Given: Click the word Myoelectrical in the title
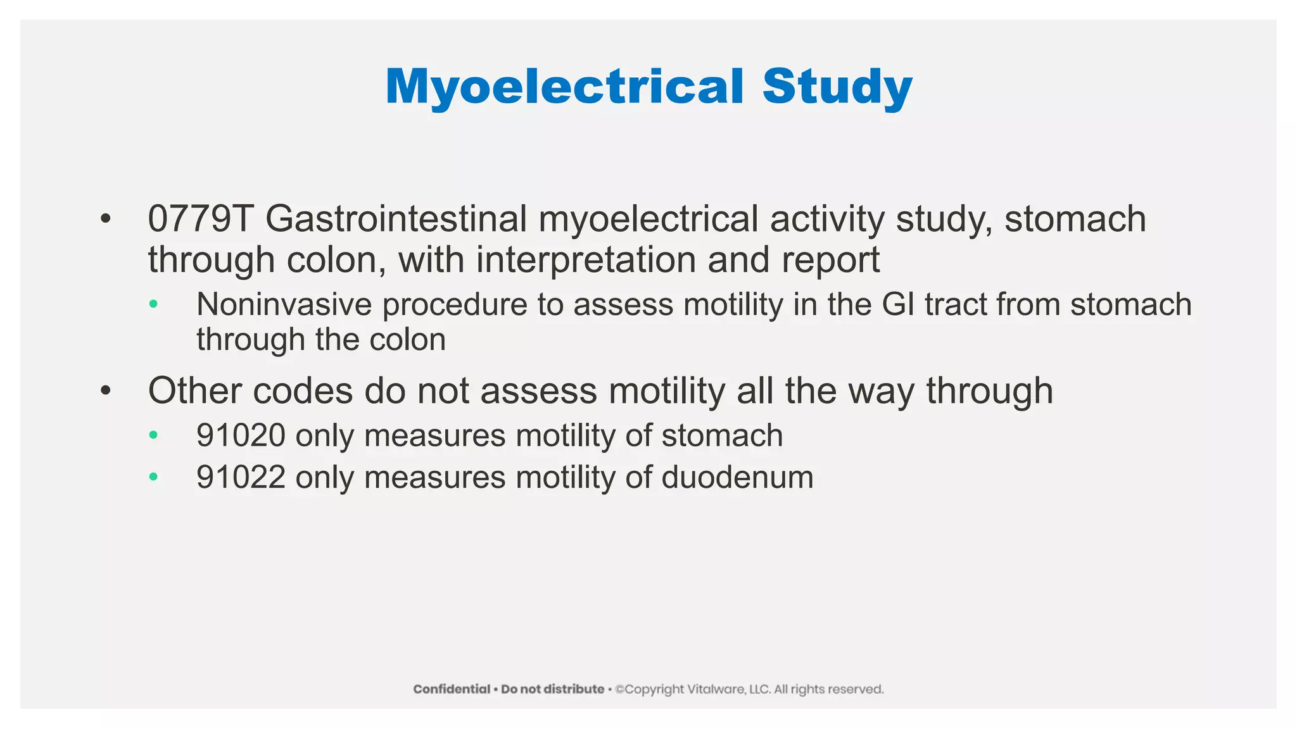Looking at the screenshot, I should pos(564,87).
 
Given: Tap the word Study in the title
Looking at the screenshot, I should pos(837,87).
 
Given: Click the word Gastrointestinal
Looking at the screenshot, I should pos(396,219).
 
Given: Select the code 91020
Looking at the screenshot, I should pos(241,435).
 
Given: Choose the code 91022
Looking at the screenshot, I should pos(241,477).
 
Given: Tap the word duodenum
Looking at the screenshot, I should pos(737,477).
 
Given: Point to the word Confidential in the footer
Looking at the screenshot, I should pos(452,689).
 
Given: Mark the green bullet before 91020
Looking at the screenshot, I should pos(153,435).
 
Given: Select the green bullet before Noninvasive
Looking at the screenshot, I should pos(153,304).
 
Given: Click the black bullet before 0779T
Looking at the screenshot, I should pos(105,219).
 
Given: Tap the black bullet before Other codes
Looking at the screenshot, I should pos(105,390).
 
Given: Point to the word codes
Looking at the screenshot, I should pos(303,390).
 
